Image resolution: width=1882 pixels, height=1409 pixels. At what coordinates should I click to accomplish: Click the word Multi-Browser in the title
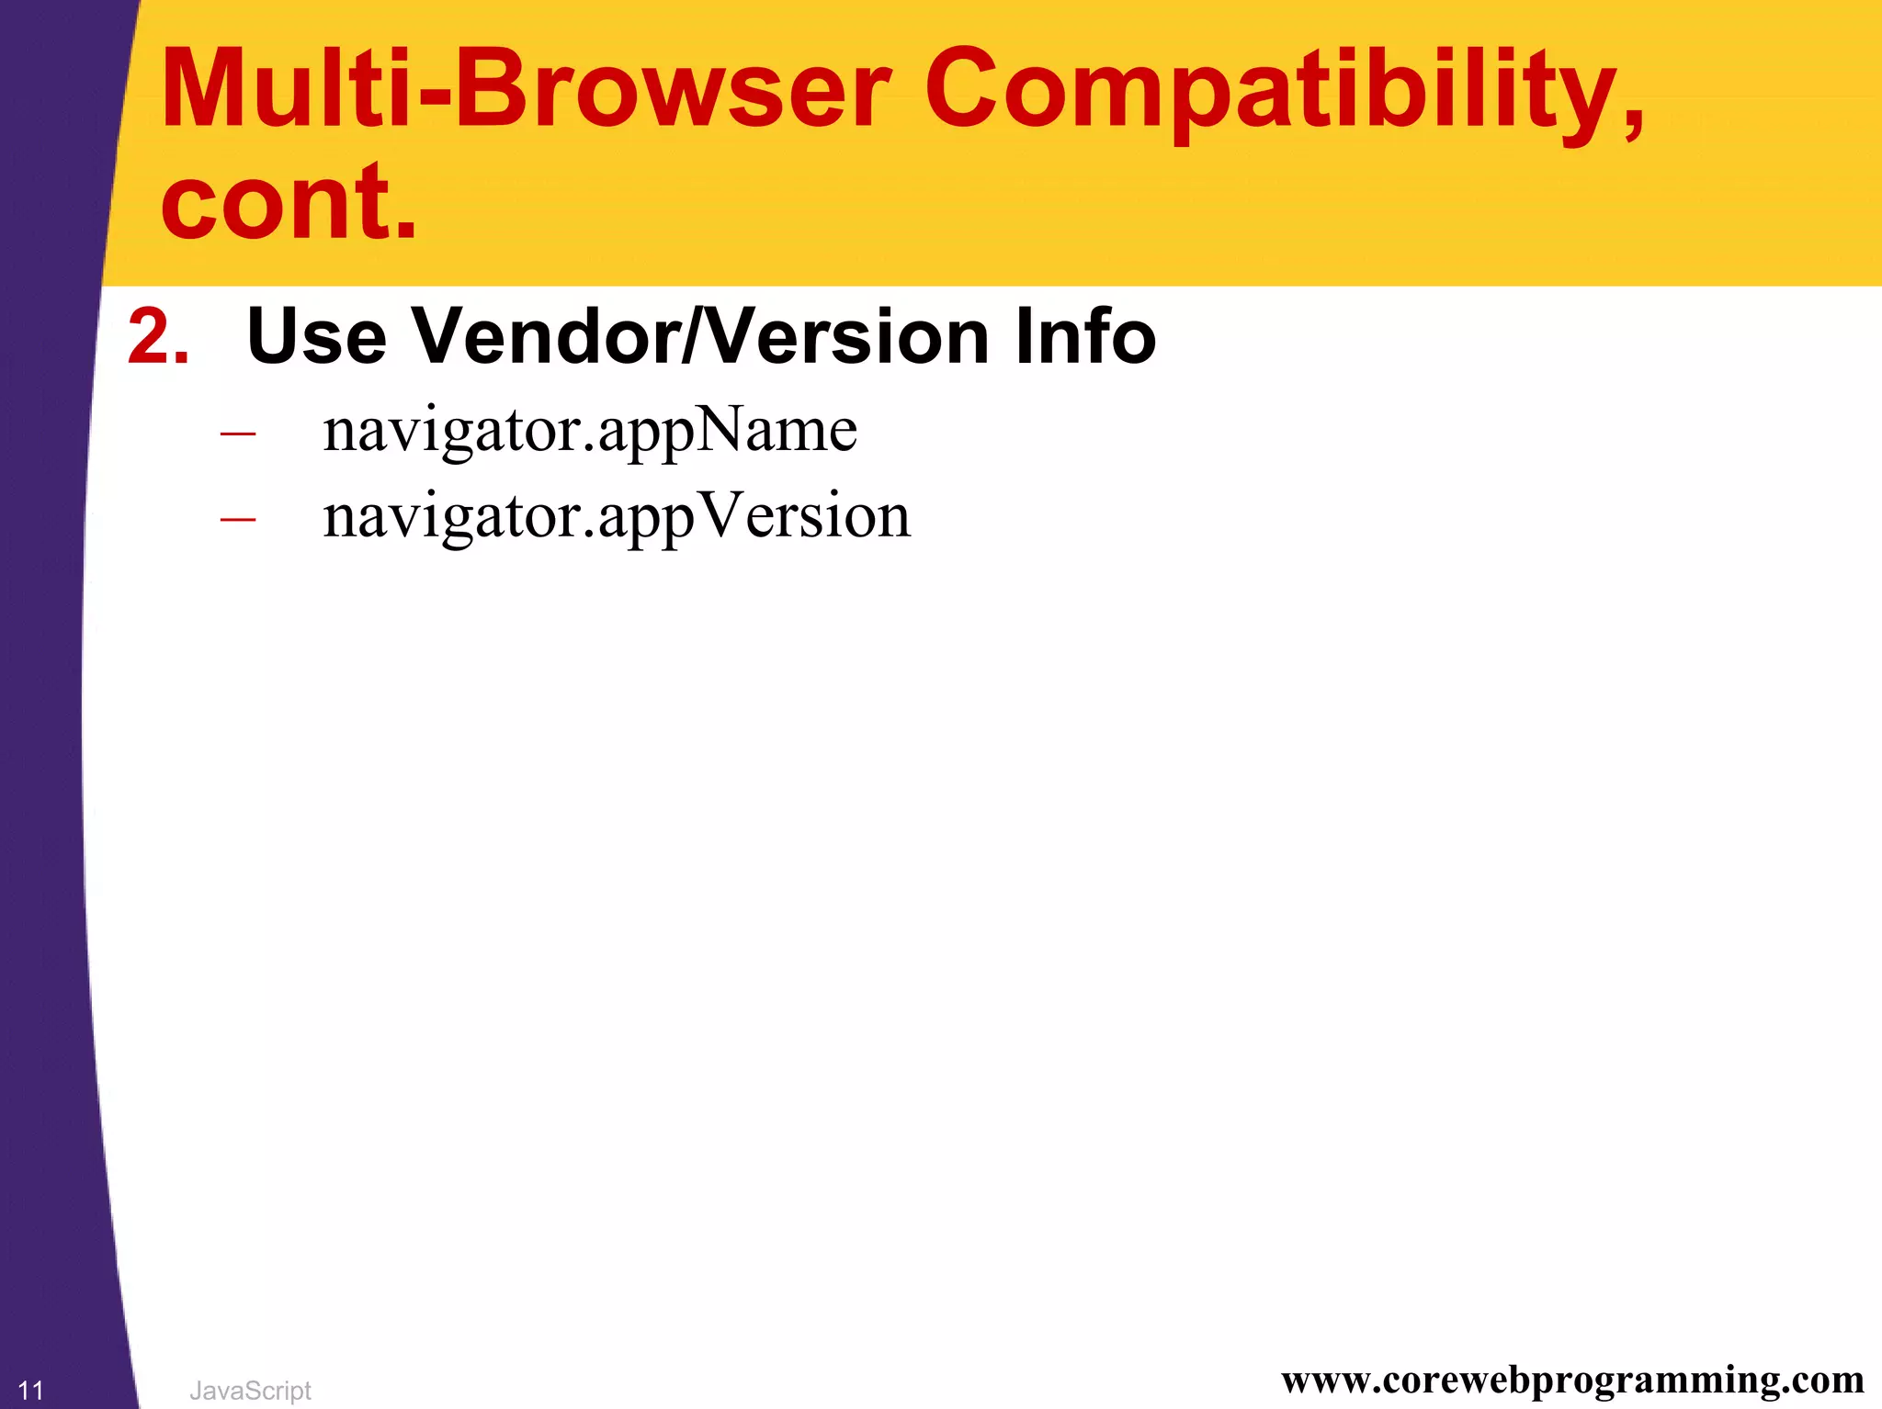coord(524,89)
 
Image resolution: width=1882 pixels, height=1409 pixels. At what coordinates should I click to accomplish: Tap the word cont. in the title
coord(289,200)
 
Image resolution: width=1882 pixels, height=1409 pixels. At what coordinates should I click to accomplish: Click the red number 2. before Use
coord(158,337)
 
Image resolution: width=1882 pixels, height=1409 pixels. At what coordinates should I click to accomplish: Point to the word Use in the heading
coord(316,337)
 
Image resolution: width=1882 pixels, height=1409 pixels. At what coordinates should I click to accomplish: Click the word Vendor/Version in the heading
coord(699,337)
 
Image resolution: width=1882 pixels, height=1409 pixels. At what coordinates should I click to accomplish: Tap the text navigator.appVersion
coord(616,517)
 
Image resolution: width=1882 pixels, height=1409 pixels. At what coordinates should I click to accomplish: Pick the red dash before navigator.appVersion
coord(238,520)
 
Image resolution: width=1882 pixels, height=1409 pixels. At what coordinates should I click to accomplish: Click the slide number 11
coord(30,1391)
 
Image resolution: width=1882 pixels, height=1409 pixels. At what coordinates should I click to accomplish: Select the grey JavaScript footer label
coord(250,1391)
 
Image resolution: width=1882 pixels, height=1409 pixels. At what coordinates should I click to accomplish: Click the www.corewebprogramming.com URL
coord(1572,1380)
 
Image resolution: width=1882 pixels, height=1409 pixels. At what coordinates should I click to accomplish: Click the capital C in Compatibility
coord(971,89)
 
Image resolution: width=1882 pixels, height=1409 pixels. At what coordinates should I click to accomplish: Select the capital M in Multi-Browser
coord(213,89)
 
